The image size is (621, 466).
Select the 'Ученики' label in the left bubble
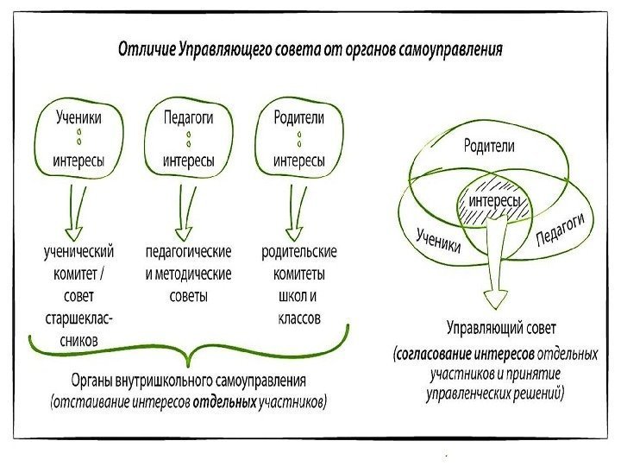78,116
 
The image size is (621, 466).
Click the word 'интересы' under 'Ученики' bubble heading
78,161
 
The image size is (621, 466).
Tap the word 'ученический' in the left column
78,252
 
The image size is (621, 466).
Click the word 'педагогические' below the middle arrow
188,252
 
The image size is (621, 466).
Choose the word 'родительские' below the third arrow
298,252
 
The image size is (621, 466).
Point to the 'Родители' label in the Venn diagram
488,146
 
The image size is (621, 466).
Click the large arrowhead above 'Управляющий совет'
496,297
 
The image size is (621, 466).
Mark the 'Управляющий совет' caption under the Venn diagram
501,328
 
